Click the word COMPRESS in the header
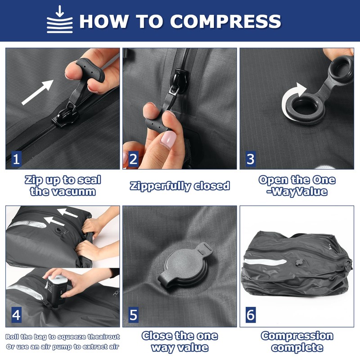click(225, 21)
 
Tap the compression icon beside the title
click(60, 19)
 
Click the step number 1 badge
click(16, 159)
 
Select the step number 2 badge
click(133, 159)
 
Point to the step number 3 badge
click(251, 159)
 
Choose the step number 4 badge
click(16, 315)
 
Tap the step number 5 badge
click(133, 315)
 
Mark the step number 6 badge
click(251, 315)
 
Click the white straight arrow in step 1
click(37, 92)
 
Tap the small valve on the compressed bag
click(299, 262)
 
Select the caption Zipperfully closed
click(180, 186)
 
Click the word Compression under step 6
click(297, 336)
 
